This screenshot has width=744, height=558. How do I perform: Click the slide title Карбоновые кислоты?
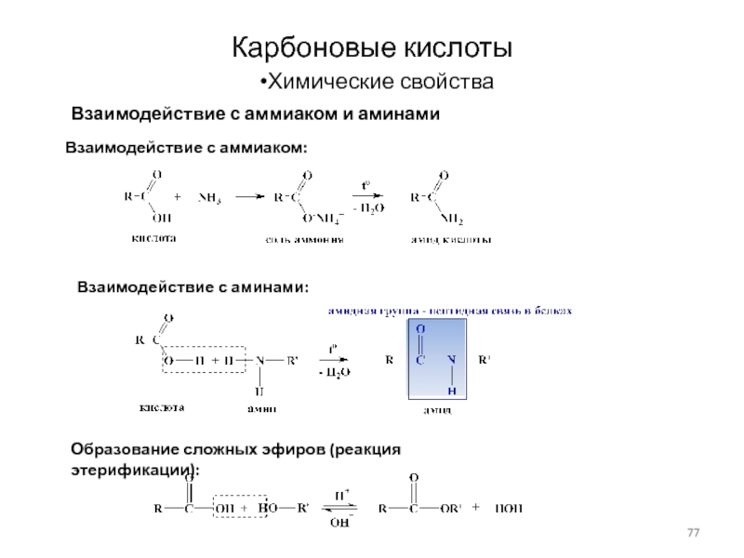point(371,46)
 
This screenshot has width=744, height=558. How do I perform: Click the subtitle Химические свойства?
point(376,83)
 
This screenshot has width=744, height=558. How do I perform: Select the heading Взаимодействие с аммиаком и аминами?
point(255,114)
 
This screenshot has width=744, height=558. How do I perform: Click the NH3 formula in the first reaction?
point(209,197)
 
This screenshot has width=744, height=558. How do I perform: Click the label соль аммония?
point(303,239)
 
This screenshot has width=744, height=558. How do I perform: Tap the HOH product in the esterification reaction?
point(509,509)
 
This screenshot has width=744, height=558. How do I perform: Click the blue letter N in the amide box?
point(451,359)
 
